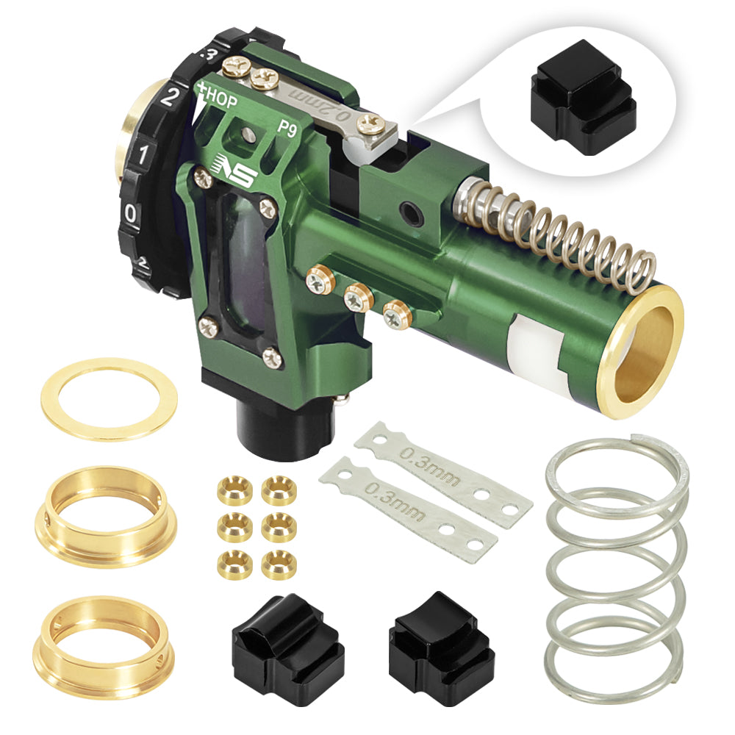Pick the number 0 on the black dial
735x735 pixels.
click(130, 214)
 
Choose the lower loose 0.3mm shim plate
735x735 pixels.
click(408, 502)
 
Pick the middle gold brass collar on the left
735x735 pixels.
click(104, 514)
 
